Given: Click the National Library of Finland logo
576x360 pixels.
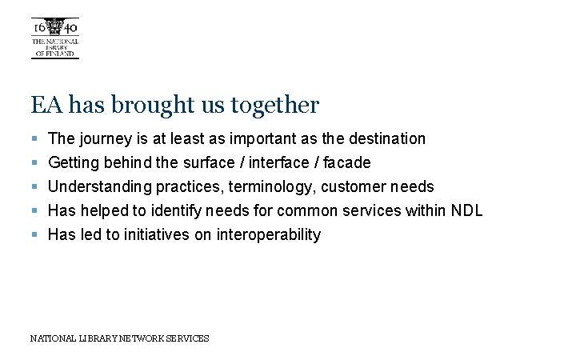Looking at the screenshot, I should [54, 37].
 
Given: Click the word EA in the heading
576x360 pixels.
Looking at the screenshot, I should [43, 105].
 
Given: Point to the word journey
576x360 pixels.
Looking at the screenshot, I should [106, 139].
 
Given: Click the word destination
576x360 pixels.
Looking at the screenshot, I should [388, 138].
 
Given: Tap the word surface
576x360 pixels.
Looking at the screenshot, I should [210, 162].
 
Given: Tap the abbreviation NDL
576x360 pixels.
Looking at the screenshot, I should [467, 210].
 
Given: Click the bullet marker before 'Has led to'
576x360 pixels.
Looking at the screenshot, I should [34, 235].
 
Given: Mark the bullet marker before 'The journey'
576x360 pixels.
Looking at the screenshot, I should [34, 139].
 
